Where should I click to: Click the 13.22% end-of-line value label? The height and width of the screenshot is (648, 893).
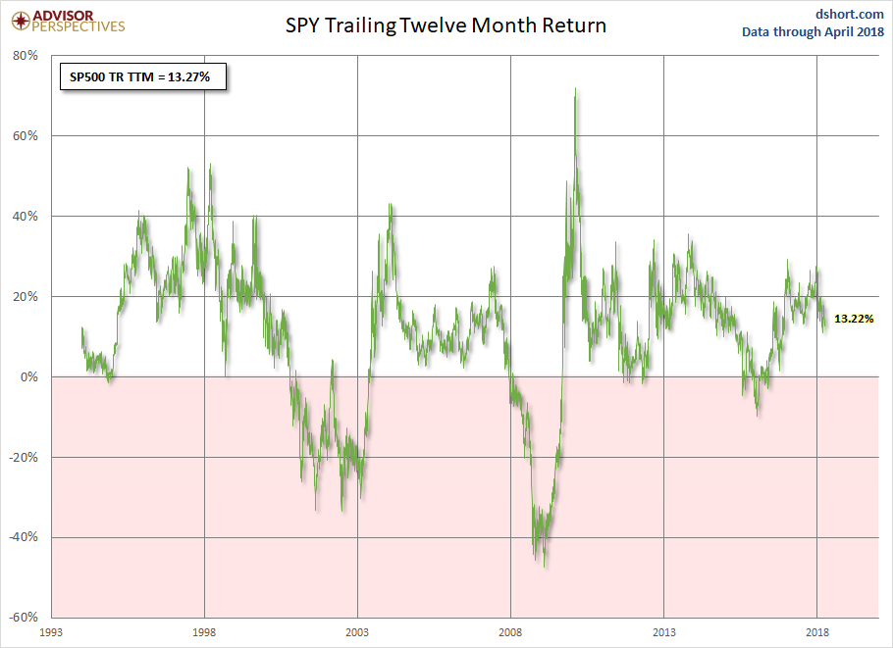[854, 319]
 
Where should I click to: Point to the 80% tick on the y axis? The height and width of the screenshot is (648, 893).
[25, 56]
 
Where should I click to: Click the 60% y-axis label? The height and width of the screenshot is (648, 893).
[25, 136]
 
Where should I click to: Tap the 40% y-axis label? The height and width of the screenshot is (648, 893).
[25, 217]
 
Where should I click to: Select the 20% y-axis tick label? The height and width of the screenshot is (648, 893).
[25, 297]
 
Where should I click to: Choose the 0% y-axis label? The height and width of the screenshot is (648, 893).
[27, 377]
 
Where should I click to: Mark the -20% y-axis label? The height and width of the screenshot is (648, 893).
[23, 458]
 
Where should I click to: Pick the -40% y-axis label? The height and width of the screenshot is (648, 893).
[23, 538]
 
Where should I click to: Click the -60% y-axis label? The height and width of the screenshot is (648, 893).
[23, 618]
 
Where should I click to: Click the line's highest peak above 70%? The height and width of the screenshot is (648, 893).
[575, 90]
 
